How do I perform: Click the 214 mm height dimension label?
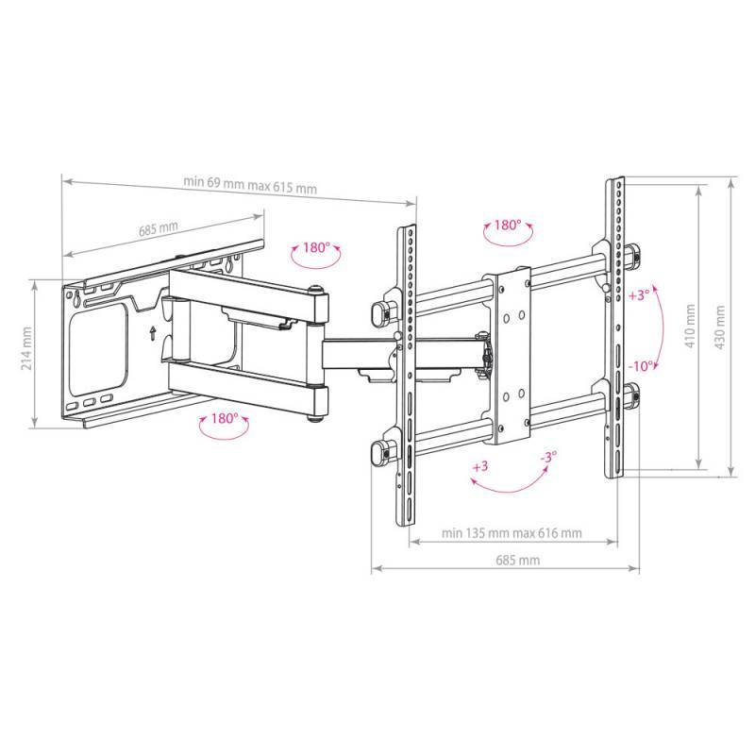pyautogui.click(x=26, y=348)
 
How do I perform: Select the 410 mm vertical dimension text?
pyautogui.click(x=690, y=326)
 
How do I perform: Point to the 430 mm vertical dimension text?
pyautogui.click(x=720, y=327)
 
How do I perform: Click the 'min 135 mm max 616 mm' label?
pyautogui.click(x=512, y=533)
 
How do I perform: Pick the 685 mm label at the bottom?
pyautogui.click(x=517, y=560)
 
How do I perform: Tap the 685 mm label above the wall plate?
pyautogui.click(x=158, y=228)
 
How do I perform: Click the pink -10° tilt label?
pyautogui.click(x=642, y=366)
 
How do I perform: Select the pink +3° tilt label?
pyautogui.click(x=639, y=294)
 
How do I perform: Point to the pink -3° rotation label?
pyautogui.click(x=548, y=457)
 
